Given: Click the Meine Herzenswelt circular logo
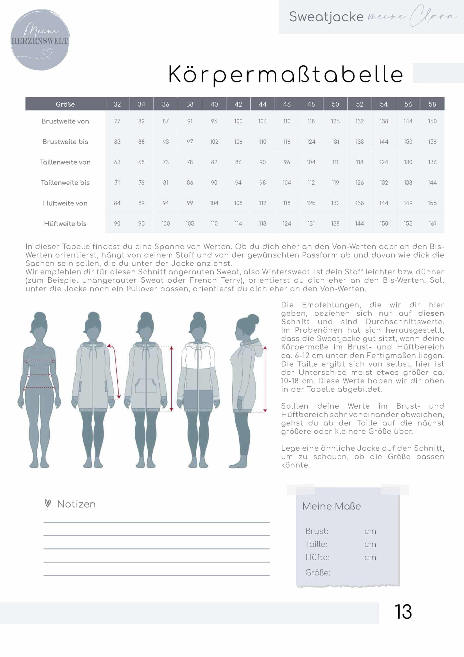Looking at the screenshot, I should tap(40, 40).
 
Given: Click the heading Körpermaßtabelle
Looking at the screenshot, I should tap(286, 74).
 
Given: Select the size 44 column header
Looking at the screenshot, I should tap(263, 104).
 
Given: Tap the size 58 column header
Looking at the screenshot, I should tap(432, 104).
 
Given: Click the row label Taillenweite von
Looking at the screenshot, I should tap(65, 162).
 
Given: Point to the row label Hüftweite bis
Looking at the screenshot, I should tap(65, 224).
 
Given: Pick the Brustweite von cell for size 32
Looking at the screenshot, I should tap(117, 121).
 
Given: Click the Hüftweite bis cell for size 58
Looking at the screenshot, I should tap(432, 224).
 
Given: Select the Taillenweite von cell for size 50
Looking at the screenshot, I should tap(335, 162).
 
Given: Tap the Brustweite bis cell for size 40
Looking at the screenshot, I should tap(214, 142).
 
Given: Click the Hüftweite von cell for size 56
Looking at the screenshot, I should tap(408, 203).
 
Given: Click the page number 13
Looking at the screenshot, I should tap(403, 612).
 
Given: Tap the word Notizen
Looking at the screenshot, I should tap(76, 504).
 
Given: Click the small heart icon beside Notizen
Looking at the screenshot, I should tap(48, 503).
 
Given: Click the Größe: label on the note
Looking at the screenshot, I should tap(318, 573).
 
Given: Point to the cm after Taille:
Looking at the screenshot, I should tap(370, 545).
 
